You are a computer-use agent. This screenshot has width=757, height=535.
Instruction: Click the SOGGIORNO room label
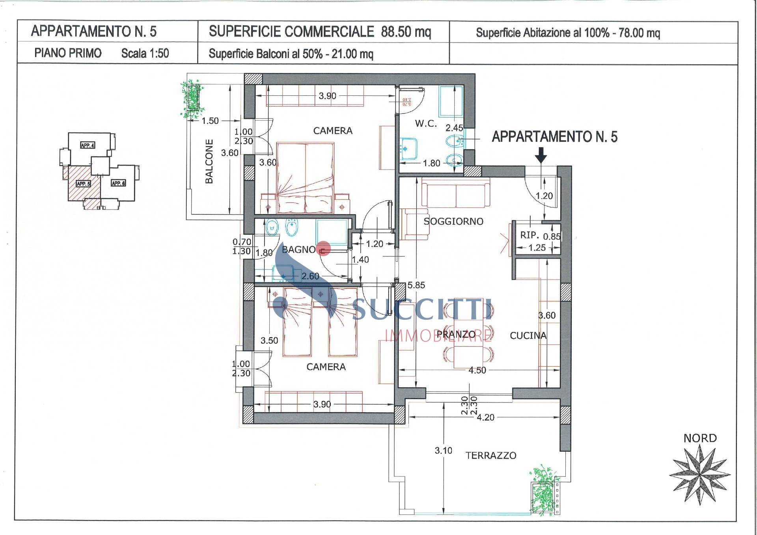453,221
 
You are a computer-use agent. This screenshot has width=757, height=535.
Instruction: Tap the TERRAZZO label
491,455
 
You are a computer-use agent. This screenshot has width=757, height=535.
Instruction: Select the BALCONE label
209,161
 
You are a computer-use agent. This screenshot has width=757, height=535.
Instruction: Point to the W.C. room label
426,123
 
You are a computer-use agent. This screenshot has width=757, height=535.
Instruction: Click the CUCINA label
528,336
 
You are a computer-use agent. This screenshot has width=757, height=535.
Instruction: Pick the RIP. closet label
530,235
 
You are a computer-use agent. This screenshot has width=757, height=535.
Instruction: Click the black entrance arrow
541,155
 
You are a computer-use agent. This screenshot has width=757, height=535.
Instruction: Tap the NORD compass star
700,475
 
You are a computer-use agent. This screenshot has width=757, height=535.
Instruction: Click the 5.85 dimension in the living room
416,285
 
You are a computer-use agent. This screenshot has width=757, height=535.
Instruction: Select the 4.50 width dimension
477,370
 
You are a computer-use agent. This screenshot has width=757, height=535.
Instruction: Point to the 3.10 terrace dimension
443,450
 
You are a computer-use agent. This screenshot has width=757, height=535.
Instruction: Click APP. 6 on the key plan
118,183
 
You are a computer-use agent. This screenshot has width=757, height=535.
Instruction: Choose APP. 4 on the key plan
87,145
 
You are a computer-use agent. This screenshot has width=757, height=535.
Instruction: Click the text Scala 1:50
145,53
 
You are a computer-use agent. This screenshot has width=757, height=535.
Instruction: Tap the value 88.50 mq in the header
406,32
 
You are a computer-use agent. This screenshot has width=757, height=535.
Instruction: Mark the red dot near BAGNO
324,249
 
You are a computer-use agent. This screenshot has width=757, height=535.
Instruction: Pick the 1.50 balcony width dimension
210,121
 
